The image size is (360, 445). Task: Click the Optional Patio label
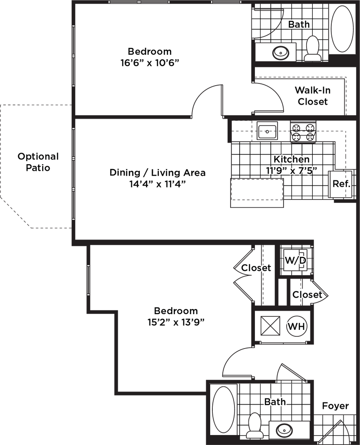[38, 162]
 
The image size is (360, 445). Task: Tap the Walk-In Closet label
[313, 96]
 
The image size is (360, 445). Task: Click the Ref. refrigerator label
[341, 183]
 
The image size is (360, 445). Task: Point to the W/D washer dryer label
[296, 260]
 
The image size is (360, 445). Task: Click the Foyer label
[335, 406]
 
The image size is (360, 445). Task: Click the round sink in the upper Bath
[279, 52]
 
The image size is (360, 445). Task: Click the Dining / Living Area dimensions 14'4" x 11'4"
[157, 184]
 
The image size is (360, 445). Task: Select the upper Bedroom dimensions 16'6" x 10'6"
[149, 63]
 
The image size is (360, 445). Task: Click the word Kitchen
[291, 159]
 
